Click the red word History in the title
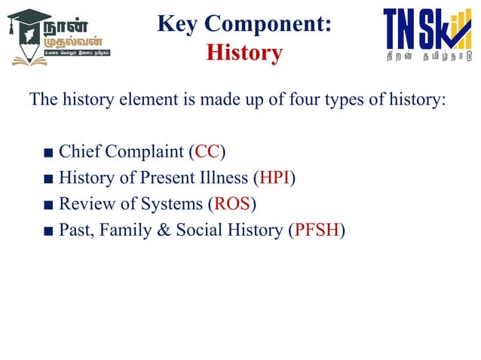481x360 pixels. click(x=244, y=53)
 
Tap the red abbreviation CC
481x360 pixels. click(x=207, y=151)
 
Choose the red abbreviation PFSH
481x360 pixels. click(x=316, y=230)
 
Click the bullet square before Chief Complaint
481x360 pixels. click(x=48, y=153)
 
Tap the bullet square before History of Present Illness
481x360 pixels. click(x=48, y=179)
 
